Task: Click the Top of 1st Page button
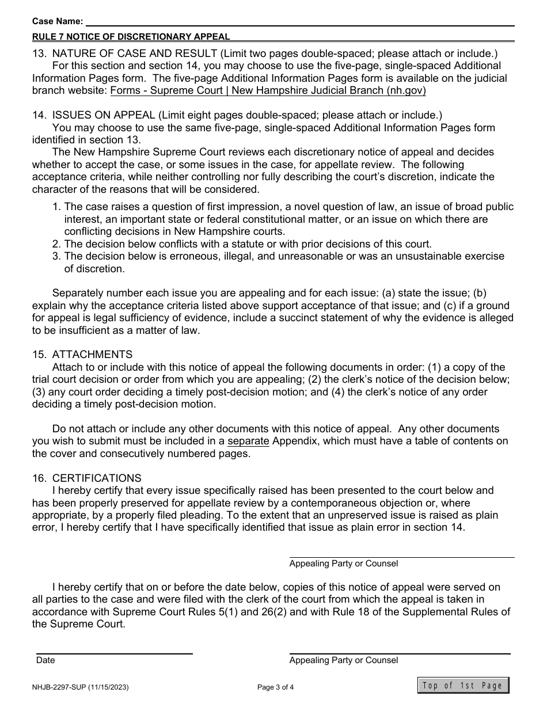pos(463,685)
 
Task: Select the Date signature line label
pos(45,660)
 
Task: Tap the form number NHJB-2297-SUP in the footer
pos(80,687)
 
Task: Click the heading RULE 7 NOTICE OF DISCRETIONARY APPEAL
pos(131,37)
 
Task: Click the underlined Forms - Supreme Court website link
pos(268,91)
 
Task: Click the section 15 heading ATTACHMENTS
pos(92,355)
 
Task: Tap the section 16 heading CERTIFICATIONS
pos(96,478)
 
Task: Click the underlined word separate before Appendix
pos(248,441)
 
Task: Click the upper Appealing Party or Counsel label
pos(343,564)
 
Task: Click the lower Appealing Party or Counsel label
pos(343,660)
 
